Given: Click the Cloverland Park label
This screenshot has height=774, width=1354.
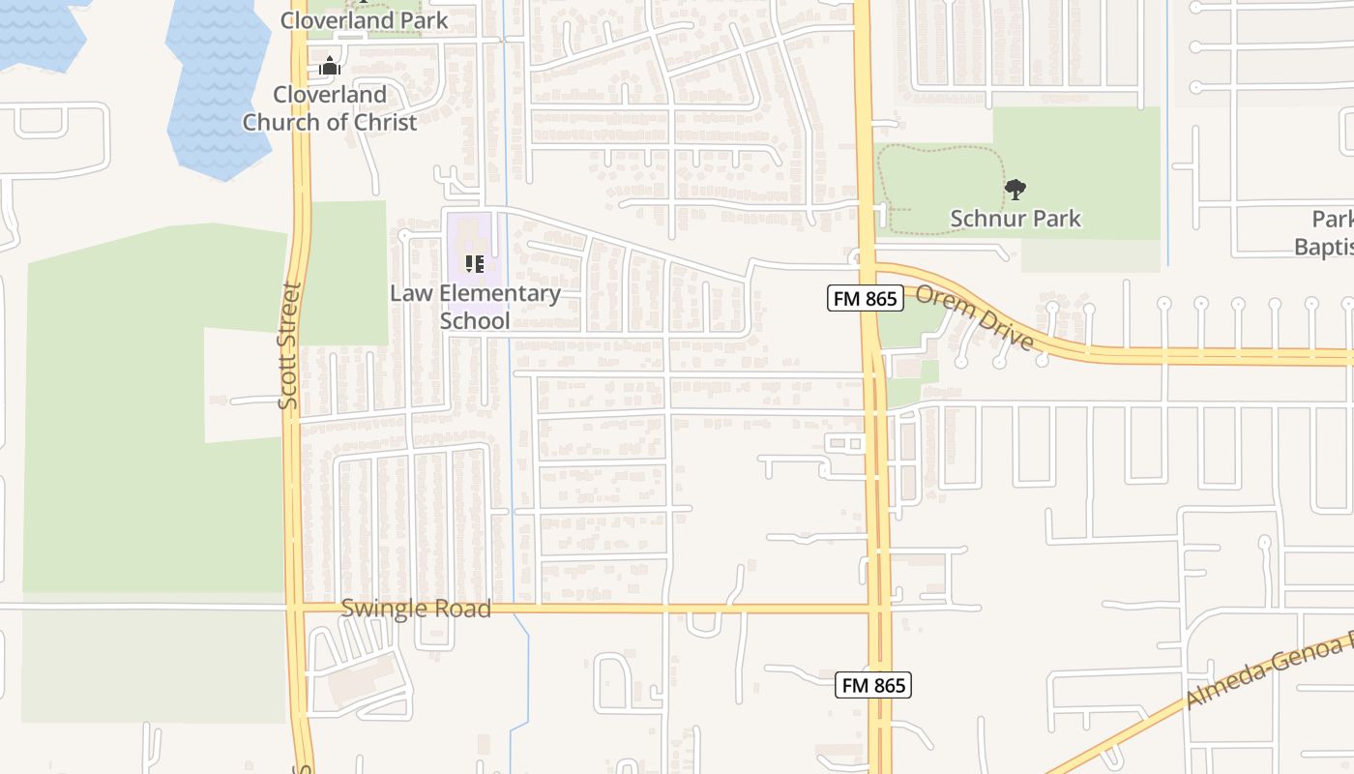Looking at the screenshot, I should pos(365,19).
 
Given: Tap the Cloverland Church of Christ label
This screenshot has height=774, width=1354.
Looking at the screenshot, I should pos(330,108).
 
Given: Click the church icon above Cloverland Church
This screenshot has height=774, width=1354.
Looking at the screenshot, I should pos(330,67).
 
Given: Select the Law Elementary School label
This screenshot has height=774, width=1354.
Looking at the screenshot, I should pos(475,307).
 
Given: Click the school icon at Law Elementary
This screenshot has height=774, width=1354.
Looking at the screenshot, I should pos(474,263).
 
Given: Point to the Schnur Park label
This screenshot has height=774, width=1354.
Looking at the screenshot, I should pos(1015,219).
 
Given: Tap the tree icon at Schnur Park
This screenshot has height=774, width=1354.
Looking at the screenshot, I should pos(1015,190).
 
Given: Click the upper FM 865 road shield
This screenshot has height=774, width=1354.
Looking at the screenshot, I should pos(866,299).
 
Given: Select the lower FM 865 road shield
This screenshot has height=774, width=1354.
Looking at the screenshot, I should pos(873,685).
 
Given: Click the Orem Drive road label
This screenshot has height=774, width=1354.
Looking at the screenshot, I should pos(974,316).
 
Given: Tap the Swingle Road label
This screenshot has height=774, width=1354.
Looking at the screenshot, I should pos(416,609).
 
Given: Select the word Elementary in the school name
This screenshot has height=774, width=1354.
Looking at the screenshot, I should pos(500,293).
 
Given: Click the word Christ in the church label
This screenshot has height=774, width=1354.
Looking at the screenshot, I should pos(384,122).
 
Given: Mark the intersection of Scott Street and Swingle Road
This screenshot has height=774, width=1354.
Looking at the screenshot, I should pos(295,609).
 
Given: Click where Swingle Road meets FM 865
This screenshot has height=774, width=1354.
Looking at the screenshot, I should pos(878,609).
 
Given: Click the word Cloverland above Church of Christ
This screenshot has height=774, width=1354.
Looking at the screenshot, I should pos(330,95).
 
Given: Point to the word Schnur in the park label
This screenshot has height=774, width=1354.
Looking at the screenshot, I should pos(984,219).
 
